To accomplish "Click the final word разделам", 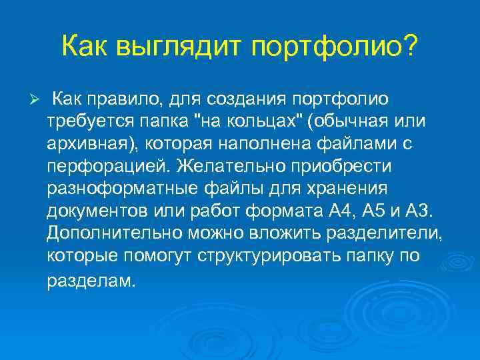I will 91,281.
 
